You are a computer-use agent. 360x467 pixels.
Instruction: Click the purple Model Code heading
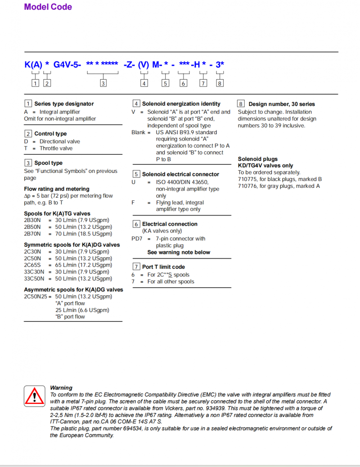point(48,7)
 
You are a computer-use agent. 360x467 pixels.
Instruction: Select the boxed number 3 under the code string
point(103,83)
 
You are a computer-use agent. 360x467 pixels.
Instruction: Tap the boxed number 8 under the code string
point(220,83)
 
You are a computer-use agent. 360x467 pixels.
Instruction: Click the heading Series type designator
point(64,104)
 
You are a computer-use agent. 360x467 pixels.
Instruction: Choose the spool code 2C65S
point(32,265)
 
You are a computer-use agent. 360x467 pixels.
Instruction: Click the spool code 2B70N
point(32,234)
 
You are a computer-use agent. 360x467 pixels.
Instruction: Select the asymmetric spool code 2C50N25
point(35,297)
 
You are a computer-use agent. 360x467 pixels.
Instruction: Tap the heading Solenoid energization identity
point(181,104)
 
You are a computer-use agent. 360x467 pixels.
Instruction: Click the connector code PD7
point(137,239)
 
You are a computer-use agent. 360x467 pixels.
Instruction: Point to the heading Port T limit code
point(163,267)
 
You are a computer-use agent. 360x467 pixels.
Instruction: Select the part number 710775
point(247,179)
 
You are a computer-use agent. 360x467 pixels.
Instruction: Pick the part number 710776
point(247,186)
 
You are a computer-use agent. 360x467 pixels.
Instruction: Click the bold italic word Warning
point(61,388)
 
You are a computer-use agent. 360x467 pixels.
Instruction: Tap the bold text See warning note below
point(179,252)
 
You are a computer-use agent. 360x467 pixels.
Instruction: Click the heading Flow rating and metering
point(57,189)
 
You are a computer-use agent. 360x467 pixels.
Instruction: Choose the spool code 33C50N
point(34,279)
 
